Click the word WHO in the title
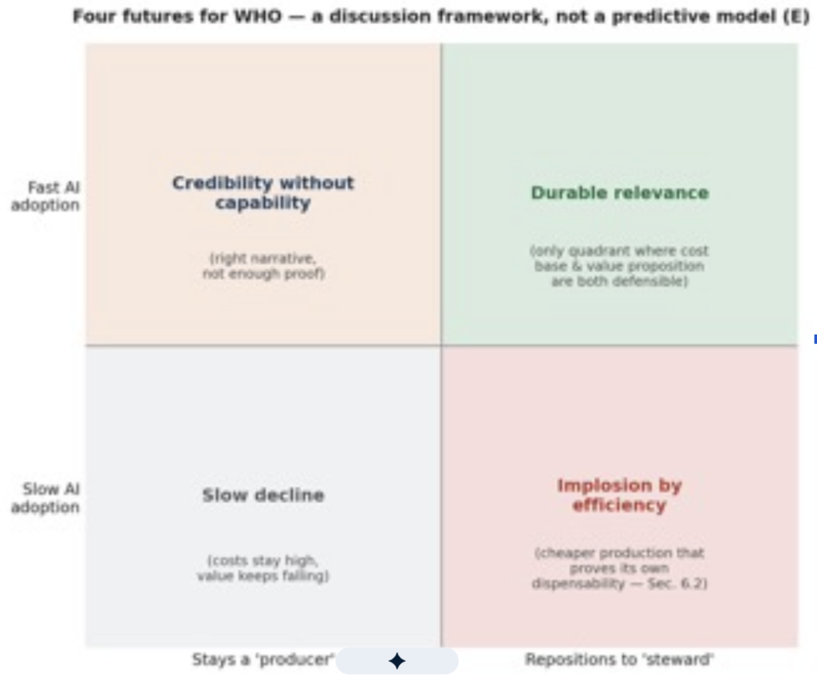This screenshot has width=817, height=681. click(258, 16)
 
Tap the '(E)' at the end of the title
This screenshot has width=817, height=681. click(797, 17)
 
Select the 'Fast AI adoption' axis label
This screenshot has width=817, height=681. click(45, 196)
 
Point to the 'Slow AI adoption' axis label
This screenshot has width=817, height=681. click(45, 498)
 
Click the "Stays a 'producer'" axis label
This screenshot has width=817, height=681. click(263, 659)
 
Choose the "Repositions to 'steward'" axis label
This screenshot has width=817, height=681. click(619, 659)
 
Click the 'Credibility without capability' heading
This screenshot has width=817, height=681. click(263, 192)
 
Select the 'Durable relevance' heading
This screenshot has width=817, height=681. click(619, 193)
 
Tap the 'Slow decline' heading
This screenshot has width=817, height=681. click(263, 495)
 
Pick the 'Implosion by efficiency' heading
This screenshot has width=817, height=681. click(619, 495)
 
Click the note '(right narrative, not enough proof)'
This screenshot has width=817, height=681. click(263, 266)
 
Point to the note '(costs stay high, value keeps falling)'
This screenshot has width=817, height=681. click(263, 568)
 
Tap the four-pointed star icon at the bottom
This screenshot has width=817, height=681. click(397, 661)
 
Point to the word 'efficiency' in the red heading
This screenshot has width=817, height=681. click(619, 505)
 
